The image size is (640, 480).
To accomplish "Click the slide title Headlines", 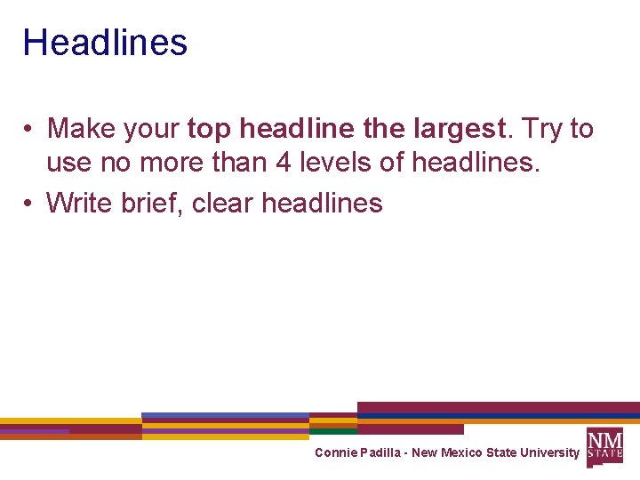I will [x=105, y=43].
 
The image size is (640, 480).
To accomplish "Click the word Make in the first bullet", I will [x=81, y=129].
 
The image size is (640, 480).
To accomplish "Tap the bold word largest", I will [x=460, y=129].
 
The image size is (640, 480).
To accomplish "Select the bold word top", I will [x=207, y=130].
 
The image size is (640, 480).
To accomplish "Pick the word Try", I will [x=541, y=129].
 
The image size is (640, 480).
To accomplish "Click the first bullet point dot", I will [x=29, y=130].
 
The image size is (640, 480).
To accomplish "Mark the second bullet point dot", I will [x=29, y=204].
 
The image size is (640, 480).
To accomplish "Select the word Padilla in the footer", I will [x=380, y=452].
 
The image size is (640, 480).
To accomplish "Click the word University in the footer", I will [x=549, y=452].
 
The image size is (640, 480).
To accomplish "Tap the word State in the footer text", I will [x=502, y=452].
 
